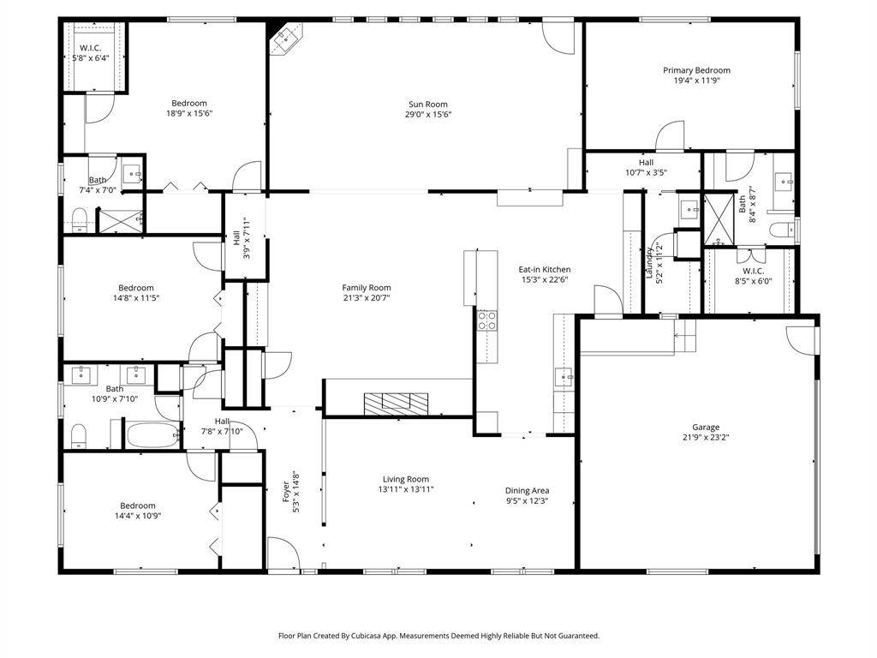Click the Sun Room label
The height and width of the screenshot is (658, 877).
point(428,104)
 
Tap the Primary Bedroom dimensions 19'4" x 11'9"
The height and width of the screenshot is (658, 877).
point(696,81)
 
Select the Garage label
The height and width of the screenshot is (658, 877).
point(706,427)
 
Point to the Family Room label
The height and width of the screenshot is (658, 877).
point(367,288)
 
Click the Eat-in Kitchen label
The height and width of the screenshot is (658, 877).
point(544,269)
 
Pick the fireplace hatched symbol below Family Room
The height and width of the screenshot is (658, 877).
point(396,404)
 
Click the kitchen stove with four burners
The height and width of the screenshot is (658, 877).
point(486,320)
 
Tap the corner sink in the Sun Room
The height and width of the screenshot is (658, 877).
point(286,38)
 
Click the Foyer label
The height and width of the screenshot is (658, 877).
point(286,491)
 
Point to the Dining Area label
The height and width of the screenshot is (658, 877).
point(527,491)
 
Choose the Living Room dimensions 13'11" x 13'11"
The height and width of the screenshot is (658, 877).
point(405,489)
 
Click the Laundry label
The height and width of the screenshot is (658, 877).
point(649,263)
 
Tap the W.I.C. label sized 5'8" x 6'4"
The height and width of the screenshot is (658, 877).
point(91,48)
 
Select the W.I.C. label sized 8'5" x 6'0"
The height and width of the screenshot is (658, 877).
point(754,271)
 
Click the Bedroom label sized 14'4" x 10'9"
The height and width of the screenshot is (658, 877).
point(138,505)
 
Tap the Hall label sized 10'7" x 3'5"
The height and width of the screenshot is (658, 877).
point(646,163)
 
